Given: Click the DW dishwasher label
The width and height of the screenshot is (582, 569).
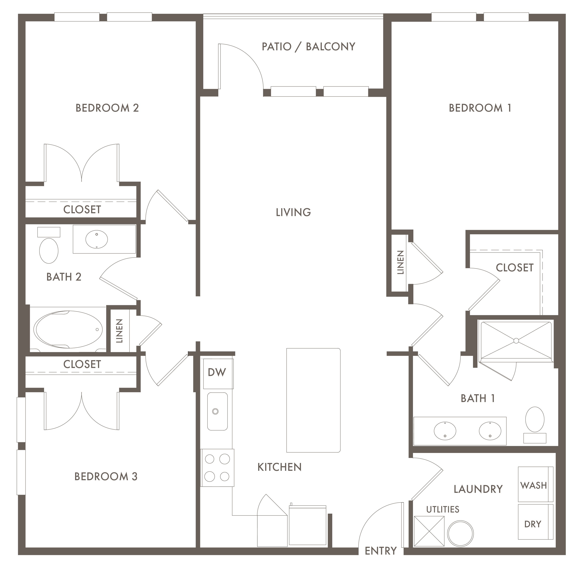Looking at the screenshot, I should click(x=217, y=372).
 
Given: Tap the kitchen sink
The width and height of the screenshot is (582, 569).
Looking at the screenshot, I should click(x=217, y=411).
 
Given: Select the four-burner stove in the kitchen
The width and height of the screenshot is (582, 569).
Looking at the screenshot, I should click(x=217, y=468).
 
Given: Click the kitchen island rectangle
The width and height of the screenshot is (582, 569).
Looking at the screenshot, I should click(x=313, y=400).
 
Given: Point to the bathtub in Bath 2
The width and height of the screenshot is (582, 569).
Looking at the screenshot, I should click(x=68, y=329).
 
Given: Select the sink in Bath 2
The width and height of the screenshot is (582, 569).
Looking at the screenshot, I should click(x=97, y=239).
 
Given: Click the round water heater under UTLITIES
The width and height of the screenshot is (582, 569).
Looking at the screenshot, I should click(x=460, y=534).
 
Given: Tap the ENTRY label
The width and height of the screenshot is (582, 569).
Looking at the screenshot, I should click(x=381, y=551).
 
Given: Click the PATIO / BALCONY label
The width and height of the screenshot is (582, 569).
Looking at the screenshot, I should click(x=308, y=47).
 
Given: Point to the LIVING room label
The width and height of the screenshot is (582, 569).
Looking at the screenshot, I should click(x=293, y=212).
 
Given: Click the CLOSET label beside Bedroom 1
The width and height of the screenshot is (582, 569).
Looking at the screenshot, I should click(x=515, y=268).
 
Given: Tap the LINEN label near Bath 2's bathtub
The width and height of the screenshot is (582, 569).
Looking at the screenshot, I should click(x=119, y=330).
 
